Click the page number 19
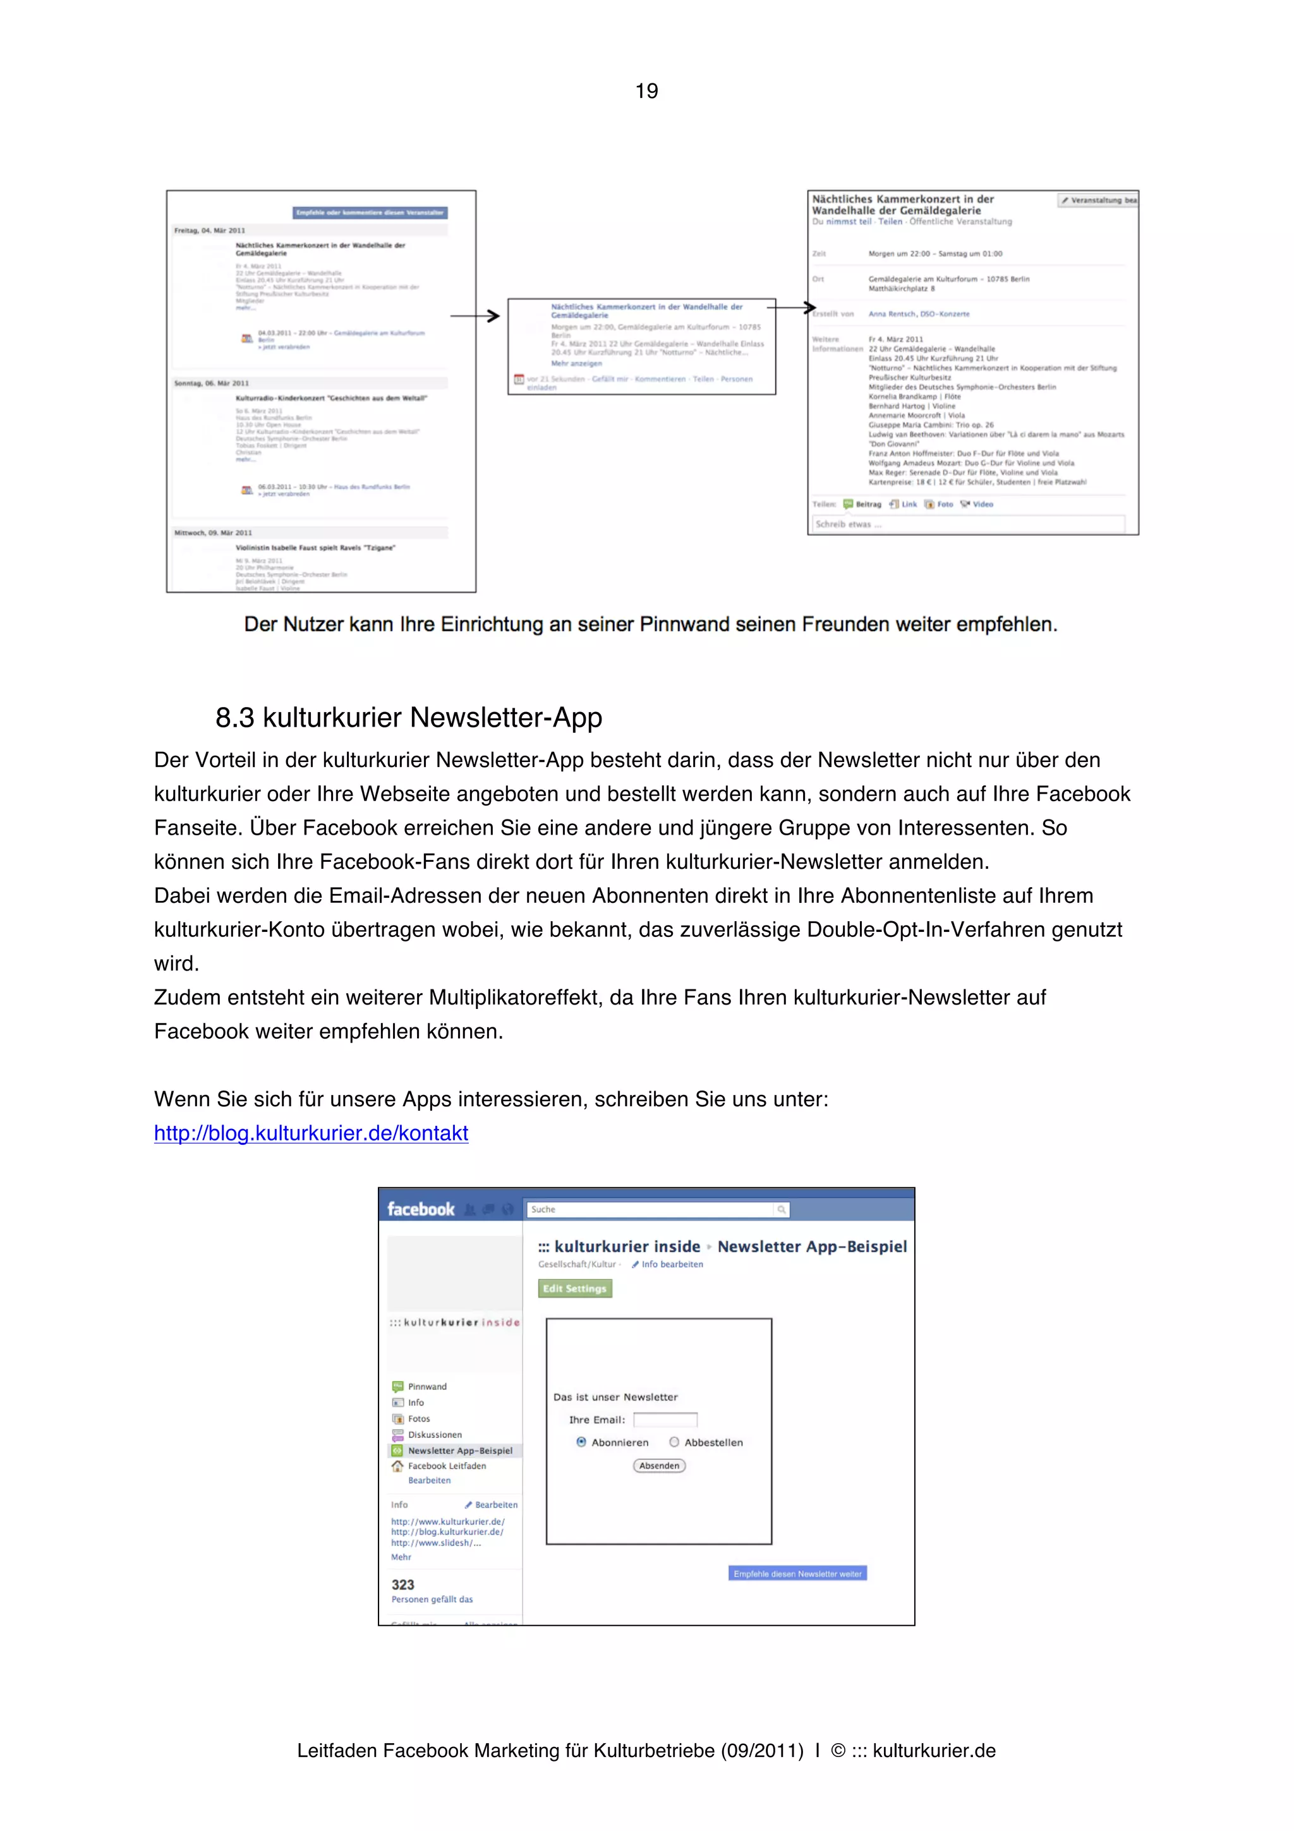coord(646,91)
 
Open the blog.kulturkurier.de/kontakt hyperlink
coord(311,1133)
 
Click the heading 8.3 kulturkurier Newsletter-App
coord(408,718)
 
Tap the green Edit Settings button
coord(575,1289)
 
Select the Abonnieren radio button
coord(581,1442)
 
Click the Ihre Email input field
coord(665,1420)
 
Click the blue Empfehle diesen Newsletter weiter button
coord(797,1573)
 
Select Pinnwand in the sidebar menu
coord(426,1387)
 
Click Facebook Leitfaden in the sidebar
coord(447,1466)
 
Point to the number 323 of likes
coord(402,1585)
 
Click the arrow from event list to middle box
coord(476,316)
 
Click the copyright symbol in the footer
coord(837,1751)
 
